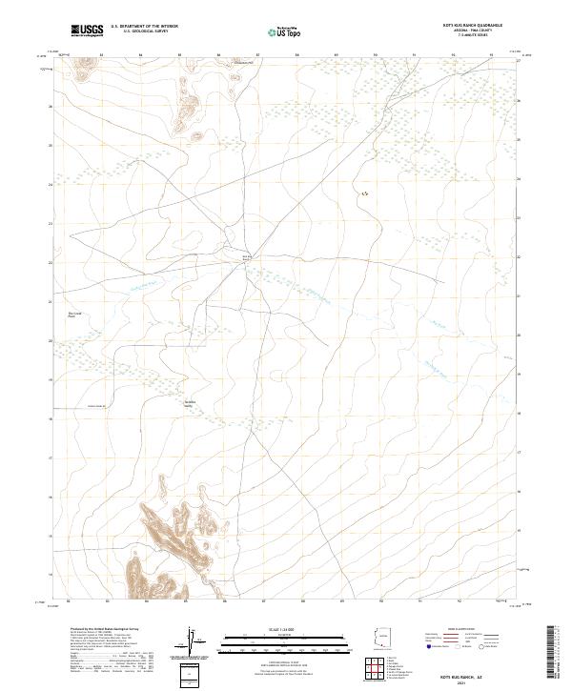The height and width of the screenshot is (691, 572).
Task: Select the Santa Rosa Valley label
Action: click(x=191, y=403)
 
